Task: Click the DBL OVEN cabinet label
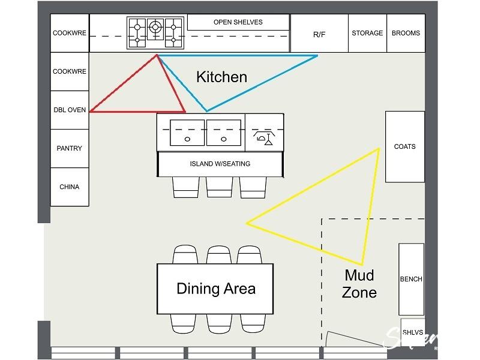click(x=70, y=110)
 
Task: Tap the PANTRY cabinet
click(x=70, y=148)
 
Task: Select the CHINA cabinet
click(x=70, y=187)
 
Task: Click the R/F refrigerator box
click(x=319, y=34)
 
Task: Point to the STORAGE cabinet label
click(x=367, y=33)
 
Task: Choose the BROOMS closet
click(x=406, y=33)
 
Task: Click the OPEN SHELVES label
click(x=238, y=22)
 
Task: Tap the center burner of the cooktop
click(x=155, y=26)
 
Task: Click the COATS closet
click(x=405, y=146)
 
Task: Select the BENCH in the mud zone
click(x=411, y=279)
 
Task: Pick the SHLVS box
click(x=412, y=332)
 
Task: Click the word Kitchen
click(x=222, y=77)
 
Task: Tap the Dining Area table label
click(x=215, y=289)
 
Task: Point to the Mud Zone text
click(x=359, y=284)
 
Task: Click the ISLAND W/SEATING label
click(x=220, y=164)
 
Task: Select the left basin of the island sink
click(x=187, y=132)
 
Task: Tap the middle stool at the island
click(x=219, y=187)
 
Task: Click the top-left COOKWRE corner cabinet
click(x=70, y=33)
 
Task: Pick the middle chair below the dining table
click(x=219, y=323)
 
